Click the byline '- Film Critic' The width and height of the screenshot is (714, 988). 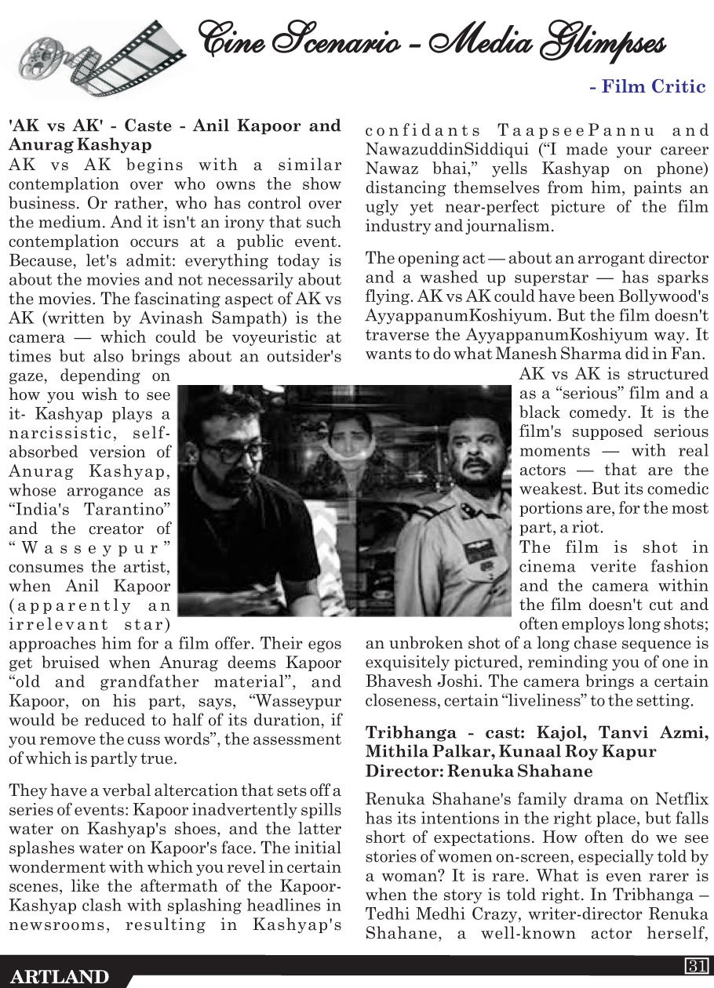point(647,87)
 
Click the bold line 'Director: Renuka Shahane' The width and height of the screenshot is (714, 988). point(479,771)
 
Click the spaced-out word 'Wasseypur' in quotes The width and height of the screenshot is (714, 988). point(89,547)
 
